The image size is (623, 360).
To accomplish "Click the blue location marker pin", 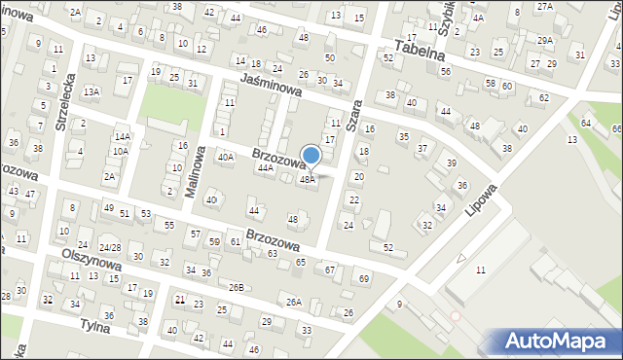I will (x=311, y=156).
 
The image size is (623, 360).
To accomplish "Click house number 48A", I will (x=307, y=179).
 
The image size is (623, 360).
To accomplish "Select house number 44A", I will (x=266, y=167).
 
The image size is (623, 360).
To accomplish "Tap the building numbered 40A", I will (x=226, y=157).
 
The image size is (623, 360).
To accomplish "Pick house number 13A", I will (x=91, y=91).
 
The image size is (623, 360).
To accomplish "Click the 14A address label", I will (x=122, y=137).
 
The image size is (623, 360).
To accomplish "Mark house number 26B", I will (x=237, y=286).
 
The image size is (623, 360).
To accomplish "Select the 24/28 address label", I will (x=110, y=247).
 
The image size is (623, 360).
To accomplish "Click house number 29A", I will (x=545, y=40).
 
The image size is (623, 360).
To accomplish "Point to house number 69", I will (x=364, y=279).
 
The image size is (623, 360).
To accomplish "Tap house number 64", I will (x=585, y=124).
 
